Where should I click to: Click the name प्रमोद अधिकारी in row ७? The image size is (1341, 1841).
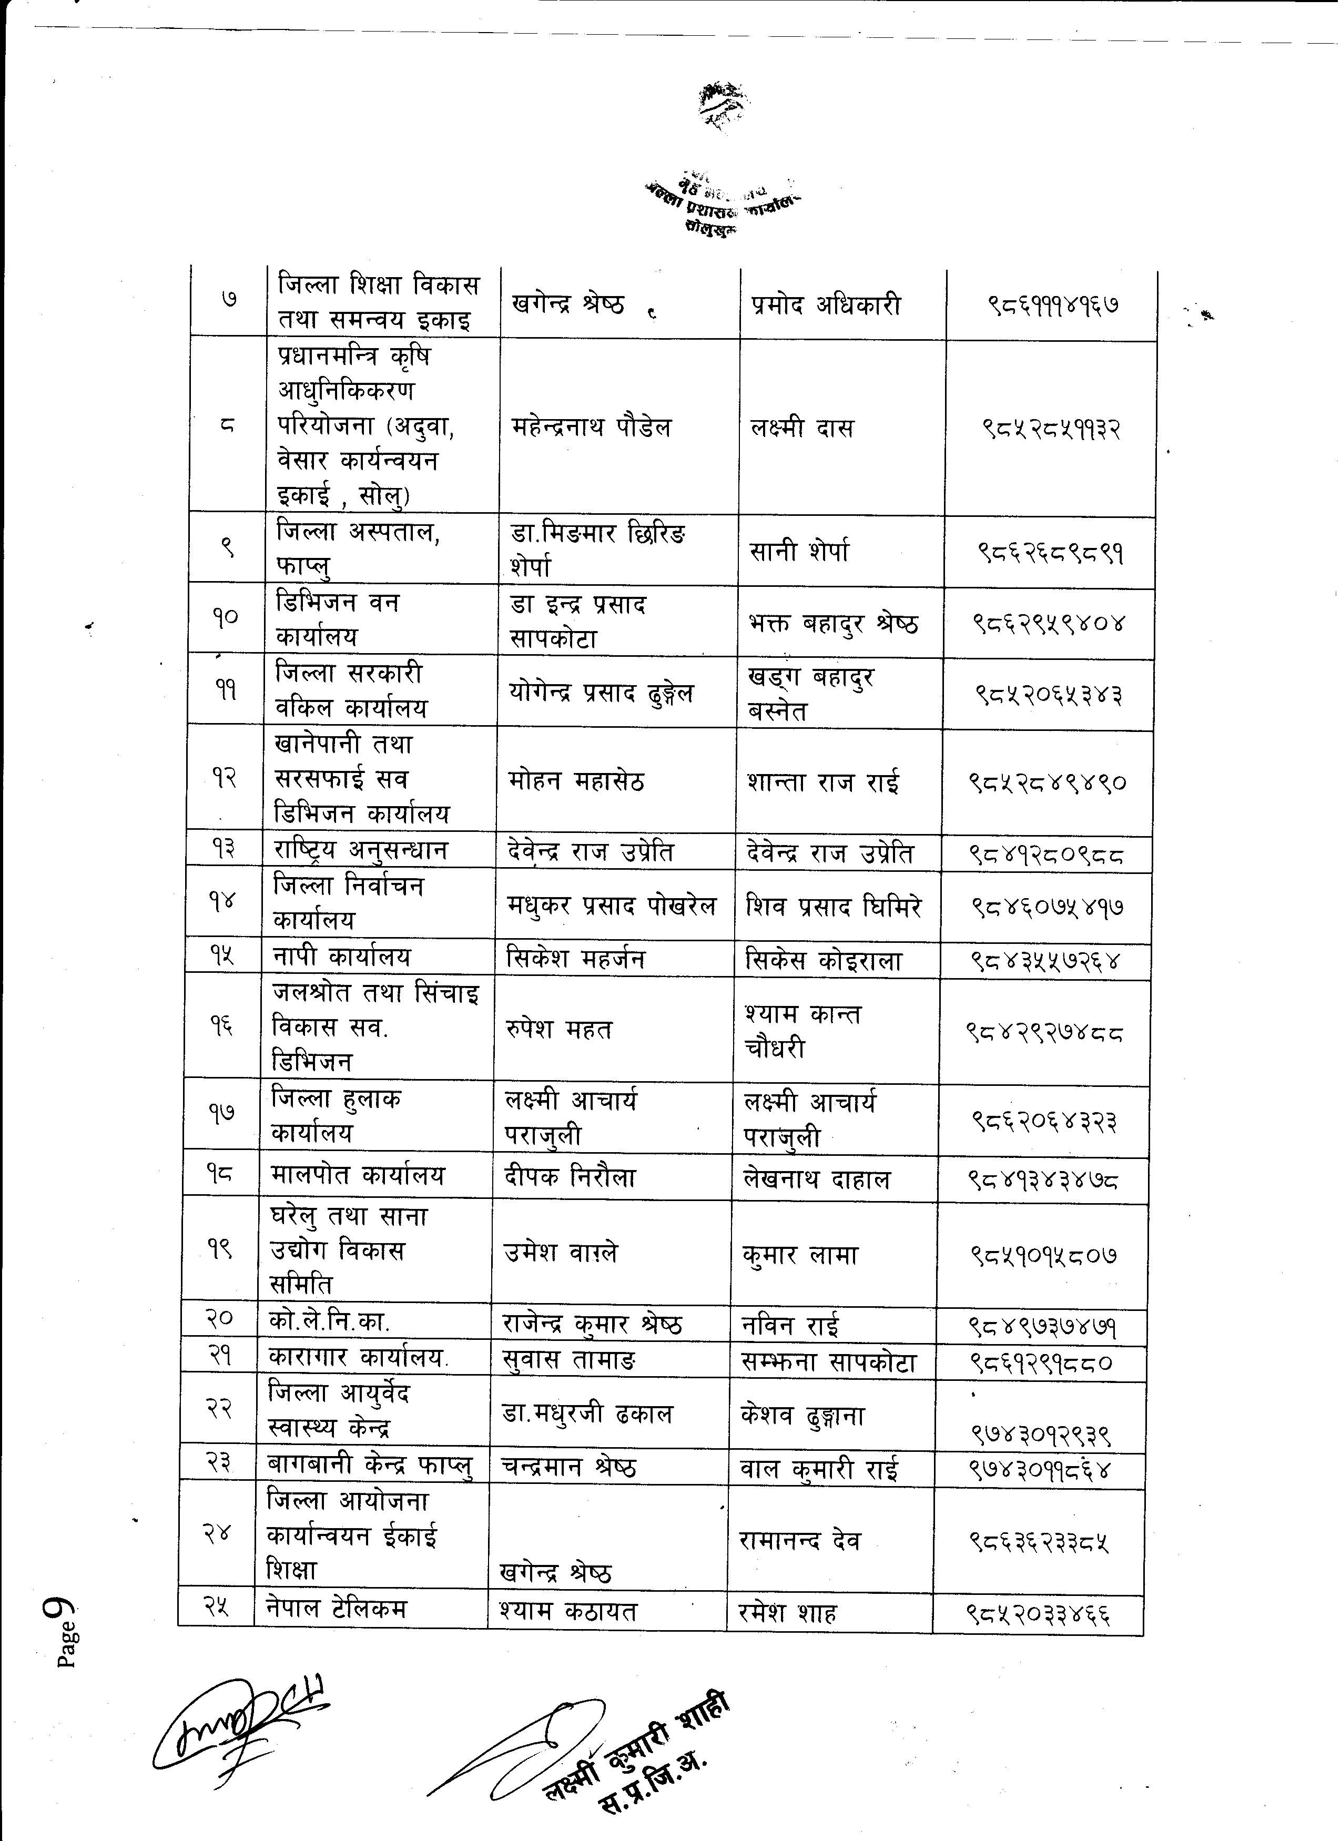(x=826, y=306)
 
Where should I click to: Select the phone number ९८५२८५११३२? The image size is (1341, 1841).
(x=1050, y=428)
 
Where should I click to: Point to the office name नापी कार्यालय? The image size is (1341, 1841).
(x=342, y=957)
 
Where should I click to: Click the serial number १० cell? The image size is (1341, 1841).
(x=226, y=618)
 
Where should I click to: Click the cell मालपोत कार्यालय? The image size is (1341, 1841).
(x=358, y=1175)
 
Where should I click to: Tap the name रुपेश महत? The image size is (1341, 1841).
(x=558, y=1029)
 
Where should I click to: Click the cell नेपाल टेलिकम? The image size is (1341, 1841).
(x=336, y=1608)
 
